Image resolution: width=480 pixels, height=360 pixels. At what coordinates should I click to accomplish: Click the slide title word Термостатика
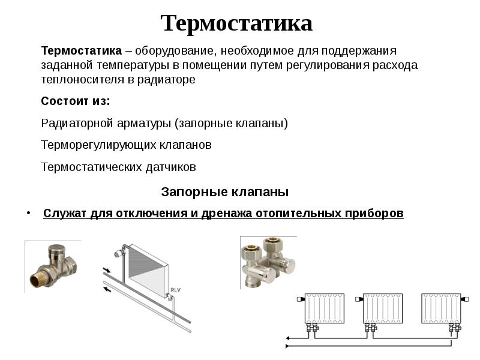coord(236,23)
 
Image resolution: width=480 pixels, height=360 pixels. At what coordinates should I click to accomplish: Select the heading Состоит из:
coord(76,101)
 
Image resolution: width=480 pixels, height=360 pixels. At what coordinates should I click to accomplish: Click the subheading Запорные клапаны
coord(225,192)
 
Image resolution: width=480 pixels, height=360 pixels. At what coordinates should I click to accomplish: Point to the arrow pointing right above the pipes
coord(107,269)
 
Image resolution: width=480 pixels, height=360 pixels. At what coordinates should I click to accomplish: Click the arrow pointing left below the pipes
coord(107,289)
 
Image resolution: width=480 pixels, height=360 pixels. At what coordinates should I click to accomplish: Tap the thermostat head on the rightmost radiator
coord(466,298)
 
